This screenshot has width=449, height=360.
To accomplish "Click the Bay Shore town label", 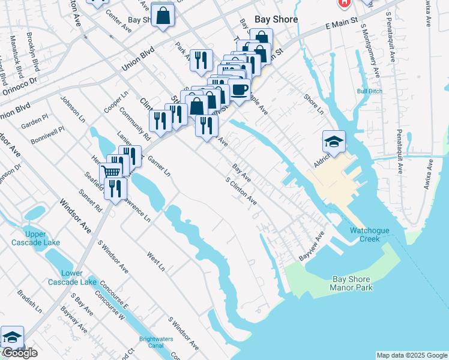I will point(276,19).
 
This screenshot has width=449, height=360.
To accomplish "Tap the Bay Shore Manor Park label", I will point(351,283).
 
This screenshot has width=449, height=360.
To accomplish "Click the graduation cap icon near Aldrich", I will point(334,142).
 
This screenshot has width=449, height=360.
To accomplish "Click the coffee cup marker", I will point(240,90).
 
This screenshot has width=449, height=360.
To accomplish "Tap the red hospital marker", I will point(344,2).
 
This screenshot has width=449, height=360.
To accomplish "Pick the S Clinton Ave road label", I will point(241,191).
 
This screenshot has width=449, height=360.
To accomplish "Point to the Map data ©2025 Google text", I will point(411,355).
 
